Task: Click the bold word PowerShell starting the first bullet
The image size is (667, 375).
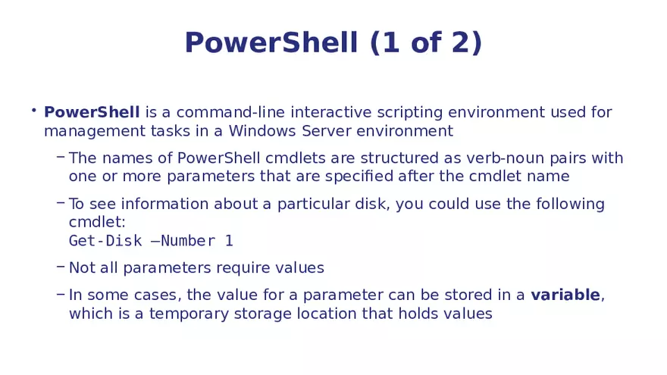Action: tap(92, 113)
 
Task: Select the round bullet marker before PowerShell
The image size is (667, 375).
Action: tap(33, 111)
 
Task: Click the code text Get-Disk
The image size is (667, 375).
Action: tap(105, 241)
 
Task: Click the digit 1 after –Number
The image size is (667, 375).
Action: tap(229, 241)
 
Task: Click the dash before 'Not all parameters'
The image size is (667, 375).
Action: tap(60, 267)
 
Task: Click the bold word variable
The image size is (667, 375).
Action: tap(565, 295)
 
